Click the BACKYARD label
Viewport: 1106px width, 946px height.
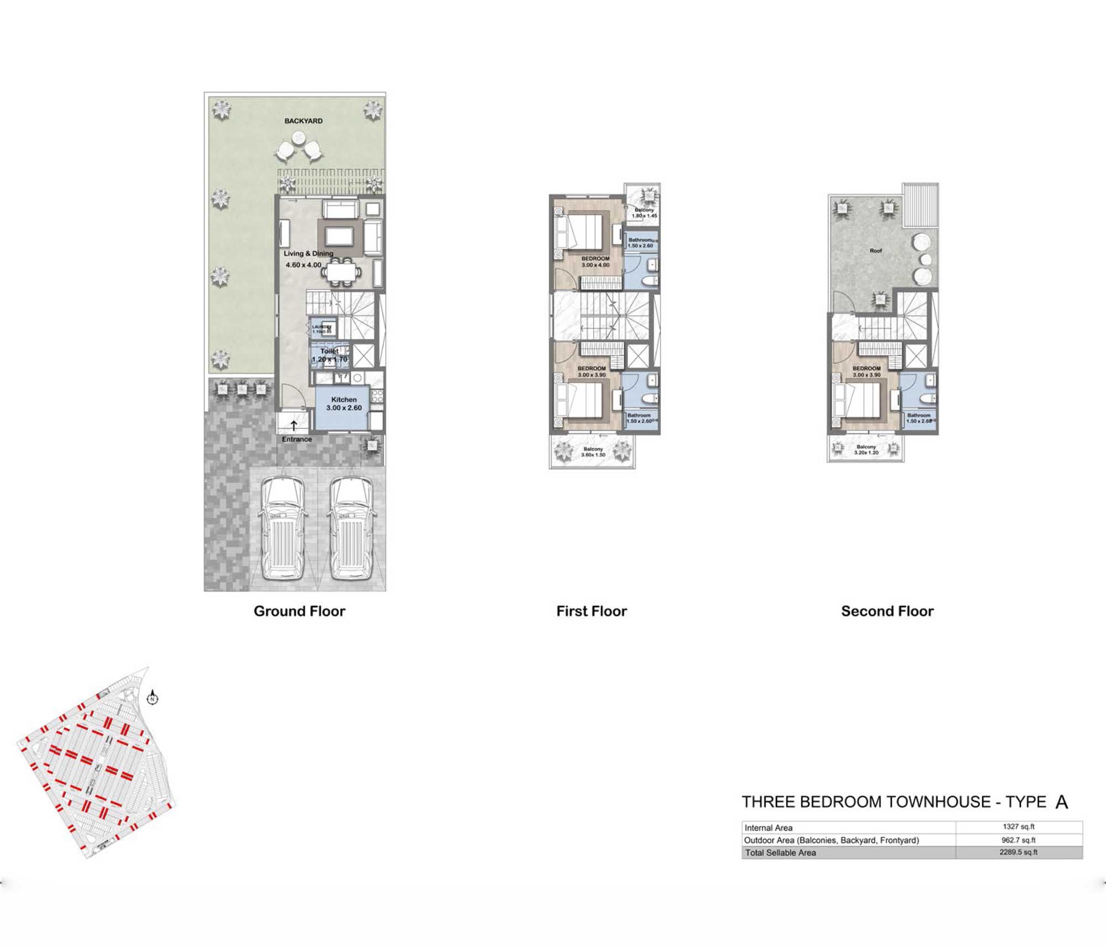[x=303, y=121]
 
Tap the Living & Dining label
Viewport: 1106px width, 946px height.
[x=308, y=254]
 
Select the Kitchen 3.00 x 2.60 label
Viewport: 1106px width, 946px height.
[x=343, y=404]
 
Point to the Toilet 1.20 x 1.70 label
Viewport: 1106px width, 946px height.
[x=330, y=355]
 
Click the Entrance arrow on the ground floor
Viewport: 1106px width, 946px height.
[x=294, y=426]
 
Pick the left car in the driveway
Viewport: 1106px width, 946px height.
[x=283, y=528]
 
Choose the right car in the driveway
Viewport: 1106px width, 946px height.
[x=352, y=528]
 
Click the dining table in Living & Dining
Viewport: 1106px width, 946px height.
[x=341, y=272]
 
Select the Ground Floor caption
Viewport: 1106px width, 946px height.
[x=299, y=611]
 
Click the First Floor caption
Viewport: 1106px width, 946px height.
[x=591, y=611]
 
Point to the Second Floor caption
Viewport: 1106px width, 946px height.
[x=887, y=611]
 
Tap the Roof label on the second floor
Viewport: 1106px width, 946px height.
[x=875, y=250]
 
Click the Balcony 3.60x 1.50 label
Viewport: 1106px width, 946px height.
[x=593, y=452]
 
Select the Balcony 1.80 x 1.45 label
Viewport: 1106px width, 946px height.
[x=644, y=213]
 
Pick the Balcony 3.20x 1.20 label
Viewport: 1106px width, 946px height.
[x=866, y=450]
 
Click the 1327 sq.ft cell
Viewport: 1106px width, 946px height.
[x=1018, y=827]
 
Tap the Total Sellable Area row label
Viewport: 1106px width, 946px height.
[x=780, y=853]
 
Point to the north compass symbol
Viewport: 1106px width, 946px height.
[x=153, y=699]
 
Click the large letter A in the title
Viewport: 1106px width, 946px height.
[x=1061, y=802]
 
